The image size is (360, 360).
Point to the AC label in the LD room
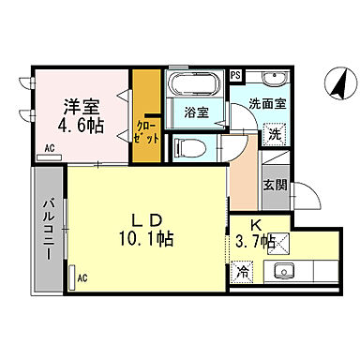point(82,277)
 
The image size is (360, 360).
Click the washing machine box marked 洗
point(274,133)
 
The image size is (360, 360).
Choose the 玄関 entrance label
point(274,187)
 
